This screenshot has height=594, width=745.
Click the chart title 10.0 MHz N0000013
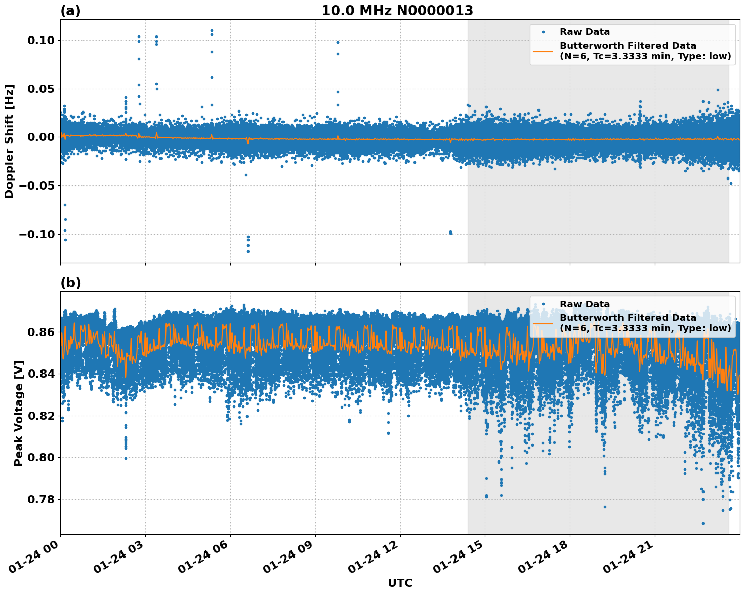pos(397,11)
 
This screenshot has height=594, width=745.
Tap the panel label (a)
pos(70,11)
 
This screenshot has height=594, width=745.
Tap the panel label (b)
pos(70,283)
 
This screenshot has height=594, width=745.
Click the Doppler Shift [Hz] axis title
pos(9,141)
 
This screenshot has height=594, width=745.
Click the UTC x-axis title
pos(400,583)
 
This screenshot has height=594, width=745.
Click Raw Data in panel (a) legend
pos(585,32)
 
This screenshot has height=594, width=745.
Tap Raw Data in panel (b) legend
pos(585,305)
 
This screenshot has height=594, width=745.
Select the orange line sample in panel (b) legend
pos(543,323)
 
